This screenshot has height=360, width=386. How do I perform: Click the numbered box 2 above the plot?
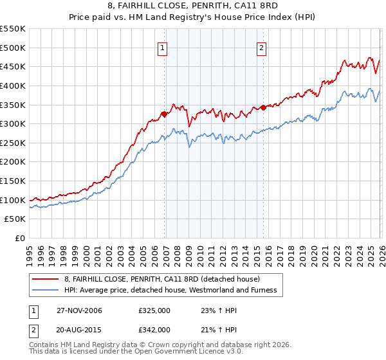[x=262, y=47]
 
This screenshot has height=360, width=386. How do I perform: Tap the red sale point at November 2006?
[x=164, y=114]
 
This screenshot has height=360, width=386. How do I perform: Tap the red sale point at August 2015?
[x=263, y=108]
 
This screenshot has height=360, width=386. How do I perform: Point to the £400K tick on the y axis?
[x=13, y=85]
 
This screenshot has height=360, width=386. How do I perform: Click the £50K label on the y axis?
[x=15, y=219]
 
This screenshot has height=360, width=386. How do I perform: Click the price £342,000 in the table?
[x=154, y=329]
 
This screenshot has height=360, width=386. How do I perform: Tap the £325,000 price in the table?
[x=154, y=311]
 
